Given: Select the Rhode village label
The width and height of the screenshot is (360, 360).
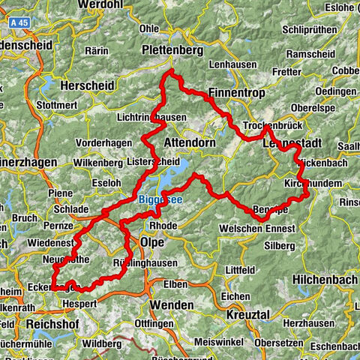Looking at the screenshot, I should tap(163, 225).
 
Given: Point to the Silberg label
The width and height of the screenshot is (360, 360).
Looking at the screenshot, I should tap(280, 245).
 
